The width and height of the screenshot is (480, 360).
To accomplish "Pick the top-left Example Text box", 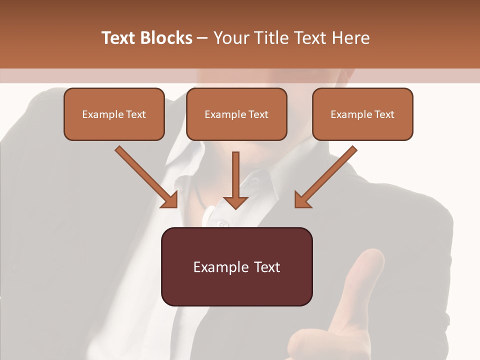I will click(x=114, y=114).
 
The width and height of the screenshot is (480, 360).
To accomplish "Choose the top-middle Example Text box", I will click(x=236, y=114).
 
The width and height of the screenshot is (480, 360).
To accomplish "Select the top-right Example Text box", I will click(x=362, y=114).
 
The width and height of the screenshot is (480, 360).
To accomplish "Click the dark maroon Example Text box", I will click(x=236, y=266).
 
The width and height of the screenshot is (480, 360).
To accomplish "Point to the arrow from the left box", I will click(x=145, y=176).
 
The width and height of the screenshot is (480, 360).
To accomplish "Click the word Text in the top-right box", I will click(x=384, y=114).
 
